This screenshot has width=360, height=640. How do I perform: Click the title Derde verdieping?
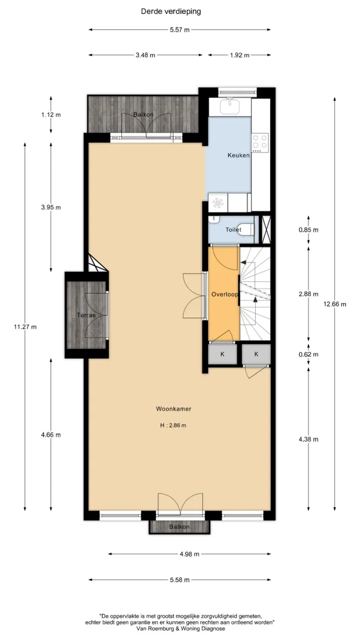[171, 12]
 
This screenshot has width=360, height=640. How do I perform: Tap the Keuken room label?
[239, 155]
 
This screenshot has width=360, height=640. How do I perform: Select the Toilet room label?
[233, 230]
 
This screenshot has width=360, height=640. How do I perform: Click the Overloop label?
[225, 294]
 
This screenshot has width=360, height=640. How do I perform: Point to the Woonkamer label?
[174, 408]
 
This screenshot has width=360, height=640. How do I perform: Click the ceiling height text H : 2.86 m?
[174, 425]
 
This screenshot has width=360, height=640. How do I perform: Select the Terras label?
[86, 315]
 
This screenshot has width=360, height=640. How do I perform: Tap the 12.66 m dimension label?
[335, 304]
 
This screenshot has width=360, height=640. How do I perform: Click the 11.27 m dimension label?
[25, 326]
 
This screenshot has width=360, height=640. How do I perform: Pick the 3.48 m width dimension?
[145, 55]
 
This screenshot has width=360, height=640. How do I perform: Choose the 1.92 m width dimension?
[239, 55]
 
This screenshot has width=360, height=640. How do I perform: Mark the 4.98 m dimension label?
[189, 554]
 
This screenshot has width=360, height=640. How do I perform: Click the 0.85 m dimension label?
[308, 230]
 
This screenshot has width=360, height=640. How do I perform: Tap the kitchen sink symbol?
[230, 106]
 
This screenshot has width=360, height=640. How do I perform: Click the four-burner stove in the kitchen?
[260, 142]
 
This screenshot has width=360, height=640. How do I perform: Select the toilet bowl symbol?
[246, 230]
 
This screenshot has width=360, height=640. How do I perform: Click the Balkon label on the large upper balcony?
[144, 115]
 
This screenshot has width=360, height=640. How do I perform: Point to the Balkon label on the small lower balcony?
[179, 527]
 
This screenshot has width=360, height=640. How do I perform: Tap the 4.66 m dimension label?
[50, 435]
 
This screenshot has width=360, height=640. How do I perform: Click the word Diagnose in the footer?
[211, 629]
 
